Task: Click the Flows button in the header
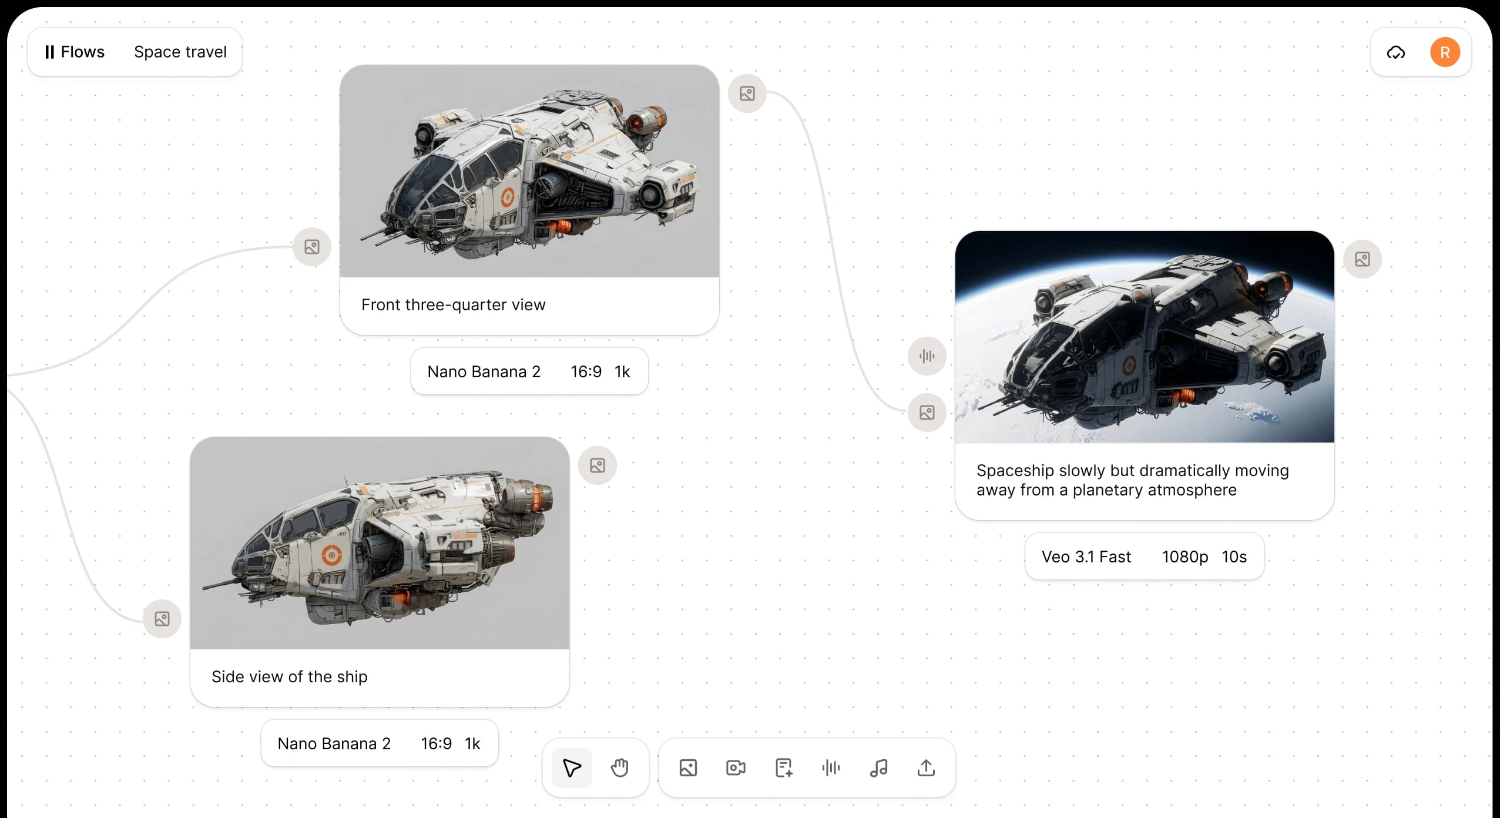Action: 75,52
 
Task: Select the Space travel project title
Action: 180,52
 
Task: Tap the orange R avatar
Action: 1445,52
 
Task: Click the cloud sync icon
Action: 1396,53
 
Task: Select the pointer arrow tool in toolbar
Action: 572,767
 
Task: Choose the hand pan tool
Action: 619,767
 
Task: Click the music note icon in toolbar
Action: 878,767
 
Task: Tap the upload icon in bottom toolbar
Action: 926,767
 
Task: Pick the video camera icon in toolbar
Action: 736,767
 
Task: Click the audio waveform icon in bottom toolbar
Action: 831,767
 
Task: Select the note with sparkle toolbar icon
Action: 784,767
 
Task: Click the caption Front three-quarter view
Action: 454,304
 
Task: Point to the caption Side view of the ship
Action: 290,676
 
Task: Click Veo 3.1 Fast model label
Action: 1086,556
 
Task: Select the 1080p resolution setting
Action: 1185,556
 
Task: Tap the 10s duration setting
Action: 1234,556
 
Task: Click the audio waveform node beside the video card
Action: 927,356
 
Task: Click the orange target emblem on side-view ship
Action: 332,554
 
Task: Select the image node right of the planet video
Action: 1363,259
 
